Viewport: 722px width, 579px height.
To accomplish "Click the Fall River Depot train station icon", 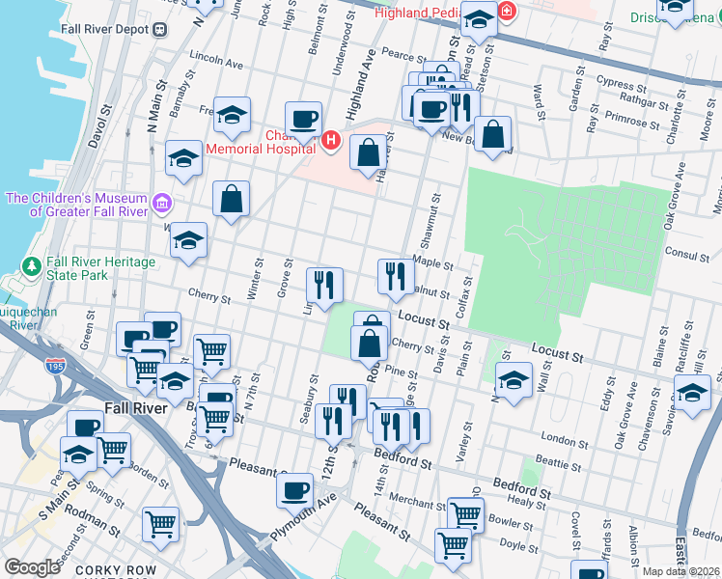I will point(160,29).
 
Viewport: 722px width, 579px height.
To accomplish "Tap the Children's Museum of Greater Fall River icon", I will point(162,205).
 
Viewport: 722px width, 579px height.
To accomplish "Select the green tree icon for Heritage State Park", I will point(32,263).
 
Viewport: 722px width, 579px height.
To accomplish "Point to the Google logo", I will point(32,567).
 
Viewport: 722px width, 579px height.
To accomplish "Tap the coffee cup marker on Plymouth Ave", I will point(294,489).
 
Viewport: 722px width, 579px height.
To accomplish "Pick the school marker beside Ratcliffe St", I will point(692,393).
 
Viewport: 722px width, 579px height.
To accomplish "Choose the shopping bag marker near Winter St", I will point(232,200).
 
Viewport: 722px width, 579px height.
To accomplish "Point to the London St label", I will point(558,438).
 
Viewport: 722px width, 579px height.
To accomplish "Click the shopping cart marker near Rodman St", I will point(161,524).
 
